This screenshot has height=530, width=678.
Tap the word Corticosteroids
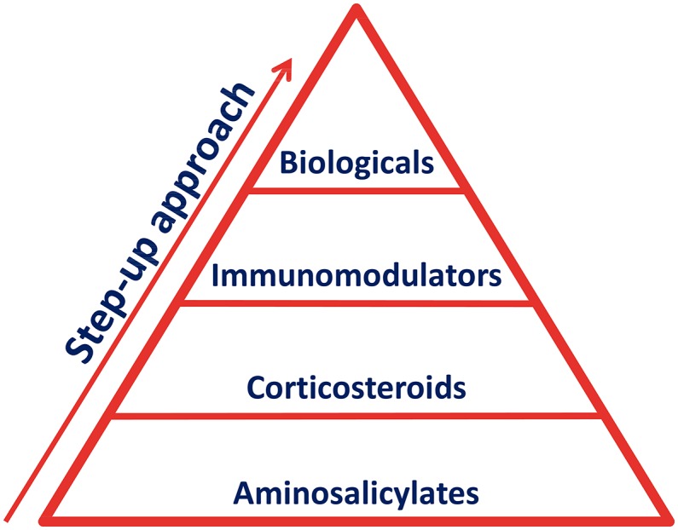click(356, 388)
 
